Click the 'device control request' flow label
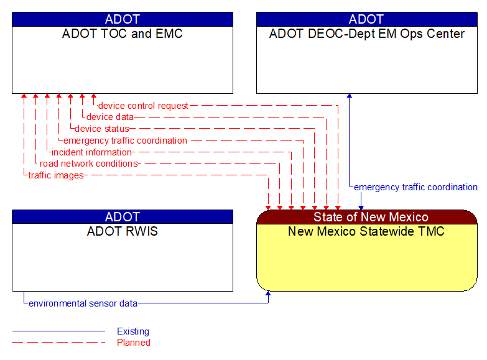(143, 106)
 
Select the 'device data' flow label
(109, 117)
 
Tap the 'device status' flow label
(102, 129)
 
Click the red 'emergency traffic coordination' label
(125, 141)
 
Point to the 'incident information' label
(92, 152)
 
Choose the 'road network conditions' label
(88, 164)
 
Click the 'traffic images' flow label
(56, 175)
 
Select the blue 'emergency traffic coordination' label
(415, 187)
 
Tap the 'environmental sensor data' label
(83, 303)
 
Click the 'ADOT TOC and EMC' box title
(123, 34)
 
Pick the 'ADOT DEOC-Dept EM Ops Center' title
(367, 34)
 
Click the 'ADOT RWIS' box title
(123, 232)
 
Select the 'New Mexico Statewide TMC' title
(366, 232)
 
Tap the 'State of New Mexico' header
(371, 217)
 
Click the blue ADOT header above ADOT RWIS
(123, 217)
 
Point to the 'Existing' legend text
(133, 331)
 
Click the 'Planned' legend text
(134, 342)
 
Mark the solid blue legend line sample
(58, 331)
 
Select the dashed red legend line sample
(58, 342)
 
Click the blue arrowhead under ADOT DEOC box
(350, 96)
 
